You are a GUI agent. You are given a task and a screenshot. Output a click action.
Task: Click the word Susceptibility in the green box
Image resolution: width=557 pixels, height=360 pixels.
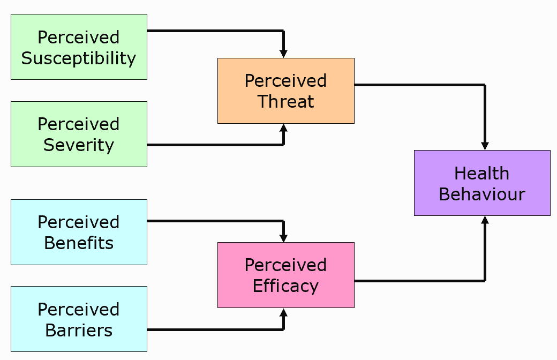click(x=79, y=58)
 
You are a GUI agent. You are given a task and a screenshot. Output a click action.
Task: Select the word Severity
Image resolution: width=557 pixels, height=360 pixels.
click(x=79, y=145)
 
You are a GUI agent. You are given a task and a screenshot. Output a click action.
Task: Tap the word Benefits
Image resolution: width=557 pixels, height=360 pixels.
click(x=79, y=243)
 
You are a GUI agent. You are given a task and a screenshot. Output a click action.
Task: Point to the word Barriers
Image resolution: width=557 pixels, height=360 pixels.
click(x=79, y=331)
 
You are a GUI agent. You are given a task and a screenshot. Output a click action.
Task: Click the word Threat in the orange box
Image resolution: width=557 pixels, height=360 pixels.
click(x=285, y=102)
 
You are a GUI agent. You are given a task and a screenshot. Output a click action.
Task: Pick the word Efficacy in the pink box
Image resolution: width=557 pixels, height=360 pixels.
click(x=285, y=286)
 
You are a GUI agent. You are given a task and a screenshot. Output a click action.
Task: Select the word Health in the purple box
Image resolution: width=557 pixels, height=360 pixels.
click(x=481, y=174)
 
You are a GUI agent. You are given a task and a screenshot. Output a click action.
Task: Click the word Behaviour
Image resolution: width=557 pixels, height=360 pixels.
click(x=481, y=194)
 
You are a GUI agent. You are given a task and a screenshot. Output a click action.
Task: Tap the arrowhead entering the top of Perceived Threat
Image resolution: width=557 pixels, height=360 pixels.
click(x=284, y=54)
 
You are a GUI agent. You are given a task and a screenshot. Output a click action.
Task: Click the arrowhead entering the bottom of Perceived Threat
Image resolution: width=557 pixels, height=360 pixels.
click(x=284, y=127)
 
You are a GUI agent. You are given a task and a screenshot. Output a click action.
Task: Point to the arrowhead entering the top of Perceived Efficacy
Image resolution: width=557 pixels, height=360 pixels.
click(x=284, y=238)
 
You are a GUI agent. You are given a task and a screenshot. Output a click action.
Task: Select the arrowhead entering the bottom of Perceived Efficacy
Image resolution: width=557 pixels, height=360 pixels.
click(x=284, y=312)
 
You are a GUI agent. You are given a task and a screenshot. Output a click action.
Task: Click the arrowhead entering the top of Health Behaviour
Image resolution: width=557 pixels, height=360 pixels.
click(x=485, y=146)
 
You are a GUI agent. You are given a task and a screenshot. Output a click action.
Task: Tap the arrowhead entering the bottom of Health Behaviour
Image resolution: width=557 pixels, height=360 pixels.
click(x=485, y=220)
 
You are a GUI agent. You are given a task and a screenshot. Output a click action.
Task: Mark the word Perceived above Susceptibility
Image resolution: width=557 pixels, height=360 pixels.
click(x=79, y=37)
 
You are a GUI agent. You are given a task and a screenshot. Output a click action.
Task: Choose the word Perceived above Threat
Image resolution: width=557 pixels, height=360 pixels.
click(x=285, y=81)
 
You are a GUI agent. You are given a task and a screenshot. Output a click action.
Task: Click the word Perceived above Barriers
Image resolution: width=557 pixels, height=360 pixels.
click(x=79, y=310)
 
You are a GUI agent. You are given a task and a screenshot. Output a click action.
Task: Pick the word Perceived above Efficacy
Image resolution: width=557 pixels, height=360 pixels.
click(x=285, y=265)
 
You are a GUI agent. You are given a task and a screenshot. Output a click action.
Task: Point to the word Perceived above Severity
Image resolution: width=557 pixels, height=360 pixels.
click(x=79, y=124)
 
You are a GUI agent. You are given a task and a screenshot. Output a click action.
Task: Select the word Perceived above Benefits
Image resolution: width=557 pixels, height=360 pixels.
click(x=79, y=222)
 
